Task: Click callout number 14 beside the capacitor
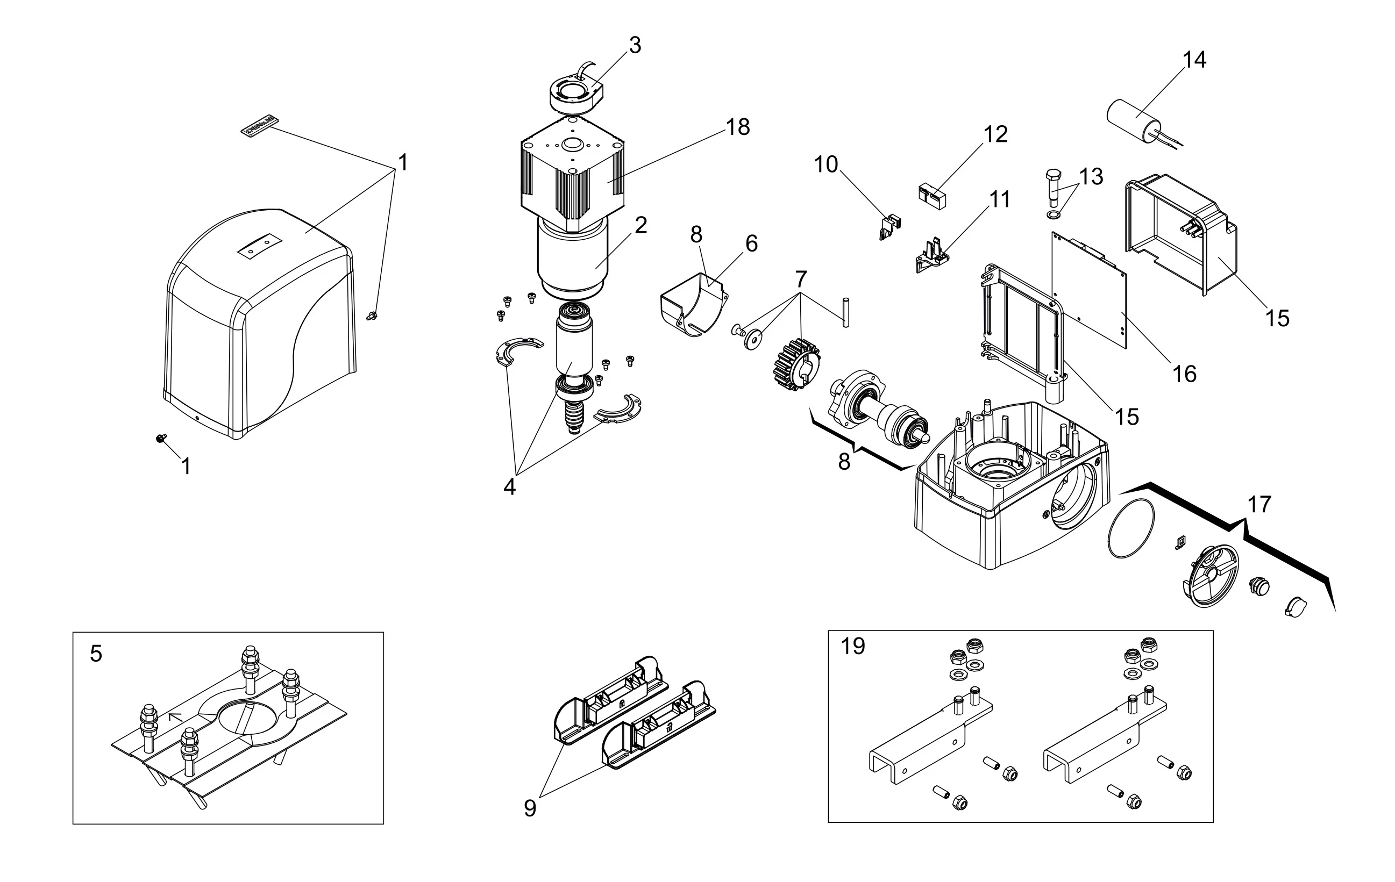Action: tap(1194, 60)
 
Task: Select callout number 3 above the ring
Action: tap(635, 45)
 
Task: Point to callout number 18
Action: tap(737, 127)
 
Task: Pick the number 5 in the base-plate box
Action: tap(96, 654)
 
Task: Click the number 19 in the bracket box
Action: tap(853, 646)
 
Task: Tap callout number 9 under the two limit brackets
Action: tap(530, 808)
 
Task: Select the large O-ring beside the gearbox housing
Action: tap(1130, 529)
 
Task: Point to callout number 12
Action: tap(996, 134)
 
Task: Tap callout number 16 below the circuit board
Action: tap(1184, 374)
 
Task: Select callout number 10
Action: tap(826, 164)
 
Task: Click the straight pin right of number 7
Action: tap(845, 313)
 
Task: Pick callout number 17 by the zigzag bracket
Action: tap(1259, 504)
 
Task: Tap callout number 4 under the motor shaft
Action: tap(509, 487)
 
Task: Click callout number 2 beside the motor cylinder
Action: tap(640, 225)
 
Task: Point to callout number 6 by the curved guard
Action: tap(751, 244)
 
